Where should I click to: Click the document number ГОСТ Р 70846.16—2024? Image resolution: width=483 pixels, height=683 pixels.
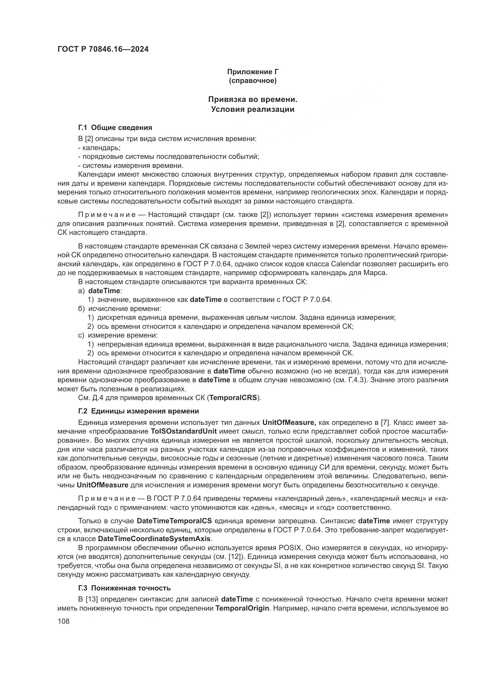click(103, 49)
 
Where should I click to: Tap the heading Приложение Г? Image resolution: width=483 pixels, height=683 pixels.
click(253, 72)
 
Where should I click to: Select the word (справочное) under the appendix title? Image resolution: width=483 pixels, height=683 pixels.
click(253, 81)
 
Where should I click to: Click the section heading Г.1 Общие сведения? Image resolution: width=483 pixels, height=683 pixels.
click(115, 128)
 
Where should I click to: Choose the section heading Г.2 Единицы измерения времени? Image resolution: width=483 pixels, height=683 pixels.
click(139, 411)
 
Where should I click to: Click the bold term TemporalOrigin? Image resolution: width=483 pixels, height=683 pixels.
click(242, 608)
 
